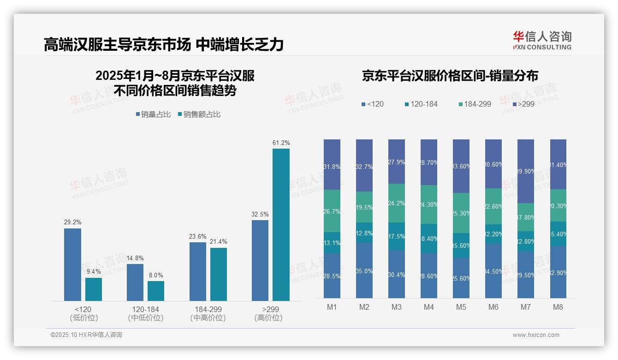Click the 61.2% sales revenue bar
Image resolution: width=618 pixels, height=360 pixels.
click(x=281, y=224)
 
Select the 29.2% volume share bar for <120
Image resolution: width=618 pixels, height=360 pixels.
click(x=72, y=264)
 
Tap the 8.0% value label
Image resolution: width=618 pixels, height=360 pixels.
click(x=156, y=275)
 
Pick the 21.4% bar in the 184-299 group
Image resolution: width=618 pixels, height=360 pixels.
click(x=219, y=274)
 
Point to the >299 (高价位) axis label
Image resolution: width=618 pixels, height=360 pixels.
click(x=268, y=313)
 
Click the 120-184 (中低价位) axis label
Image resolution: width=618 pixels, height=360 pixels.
click(x=145, y=313)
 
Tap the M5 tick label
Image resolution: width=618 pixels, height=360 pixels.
click(x=461, y=307)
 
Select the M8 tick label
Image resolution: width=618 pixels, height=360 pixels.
click(x=558, y=307)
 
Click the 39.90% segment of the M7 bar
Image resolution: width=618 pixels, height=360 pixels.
click(x=525, y=171)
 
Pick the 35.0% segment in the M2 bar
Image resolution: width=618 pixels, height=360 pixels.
click(x=364, y=270)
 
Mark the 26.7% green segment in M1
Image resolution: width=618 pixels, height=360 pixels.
click(x=332, y=211)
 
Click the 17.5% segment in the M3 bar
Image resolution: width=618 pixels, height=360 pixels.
click(x=396, y=236)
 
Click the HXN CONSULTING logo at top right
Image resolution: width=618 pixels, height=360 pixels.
click(x=542, y=41)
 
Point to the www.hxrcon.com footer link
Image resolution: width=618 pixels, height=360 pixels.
click(x=536, y=335)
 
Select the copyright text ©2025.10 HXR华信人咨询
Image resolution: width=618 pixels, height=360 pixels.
click(x=86, y=335)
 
